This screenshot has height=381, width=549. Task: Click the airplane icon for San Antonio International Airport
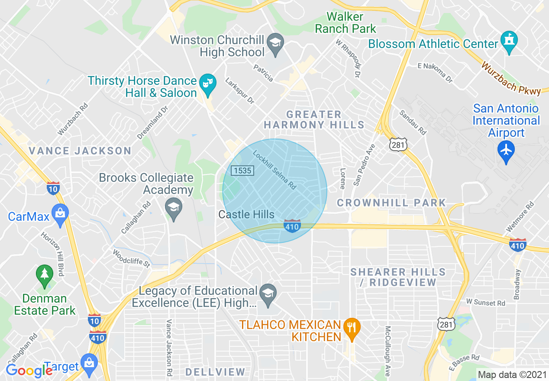[506, 151]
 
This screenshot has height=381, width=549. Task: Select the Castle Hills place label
[246, 214]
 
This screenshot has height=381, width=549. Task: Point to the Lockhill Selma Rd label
[275, 170]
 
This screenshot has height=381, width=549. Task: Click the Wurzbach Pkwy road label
[511, 78]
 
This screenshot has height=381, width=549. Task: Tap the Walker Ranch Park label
[346, 23]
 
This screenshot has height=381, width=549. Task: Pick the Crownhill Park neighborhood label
[391, 203]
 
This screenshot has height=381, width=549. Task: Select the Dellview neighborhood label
[215, 372]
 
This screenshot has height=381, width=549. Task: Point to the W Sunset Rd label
[485, 302]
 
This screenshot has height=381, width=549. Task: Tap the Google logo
[29, 371]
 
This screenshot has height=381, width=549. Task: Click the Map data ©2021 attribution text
[512, 375]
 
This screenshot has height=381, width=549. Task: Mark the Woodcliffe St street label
[131, 258]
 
